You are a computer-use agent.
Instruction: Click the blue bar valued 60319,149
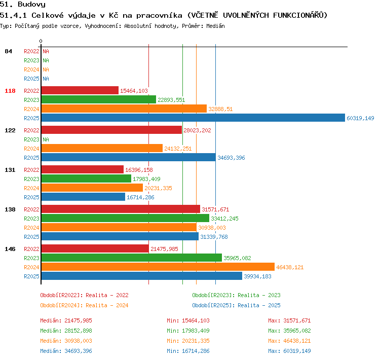click(x=193, y=118)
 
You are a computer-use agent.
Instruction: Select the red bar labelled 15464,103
click(x=80, y=90)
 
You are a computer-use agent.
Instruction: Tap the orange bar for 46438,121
click(x=158, y=267)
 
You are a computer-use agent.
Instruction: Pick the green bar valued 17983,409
click(x=86, y=178)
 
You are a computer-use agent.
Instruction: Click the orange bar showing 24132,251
click(x=102, y=148)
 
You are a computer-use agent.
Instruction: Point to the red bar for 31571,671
click(x=121, y=209)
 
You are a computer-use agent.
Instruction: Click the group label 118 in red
click(x=10, y=91)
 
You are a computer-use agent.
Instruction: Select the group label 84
click(x=8, y=51)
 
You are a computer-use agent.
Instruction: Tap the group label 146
click(x=10, y=249)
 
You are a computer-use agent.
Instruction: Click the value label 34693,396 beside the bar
click(x=231, y=158)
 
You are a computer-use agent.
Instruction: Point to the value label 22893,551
click(x=171, y=100)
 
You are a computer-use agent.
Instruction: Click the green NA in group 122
click(x=46, y=139)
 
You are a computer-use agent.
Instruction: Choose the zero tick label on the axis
click(x=41, y=41)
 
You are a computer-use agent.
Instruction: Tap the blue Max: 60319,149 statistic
click(x=289, y=351)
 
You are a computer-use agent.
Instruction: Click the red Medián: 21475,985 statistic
click(x=66, y=320)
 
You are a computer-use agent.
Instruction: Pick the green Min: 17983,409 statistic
click(x=188, y=331)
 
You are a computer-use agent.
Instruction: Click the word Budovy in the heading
click(x=31, y=4)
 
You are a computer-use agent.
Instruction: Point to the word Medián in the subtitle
click(x=215, y=26)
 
